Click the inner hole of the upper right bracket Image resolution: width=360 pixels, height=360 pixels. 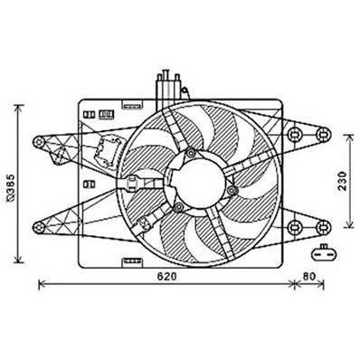pyautogui.click(x=295, y=136)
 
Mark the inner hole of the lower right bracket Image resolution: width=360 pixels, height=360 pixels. pyautogui.click(x=295, y=225)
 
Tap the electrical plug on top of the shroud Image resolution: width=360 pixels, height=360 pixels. pyautogui.click(x=167, y=90)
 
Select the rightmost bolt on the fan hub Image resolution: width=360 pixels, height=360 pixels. pyautogui.click(x=232, y=190)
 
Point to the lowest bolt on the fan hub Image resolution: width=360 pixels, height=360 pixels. pyautogui.click(x=178, y=208)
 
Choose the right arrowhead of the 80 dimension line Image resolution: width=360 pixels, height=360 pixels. pyautogui.click(x=324, y=284)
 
